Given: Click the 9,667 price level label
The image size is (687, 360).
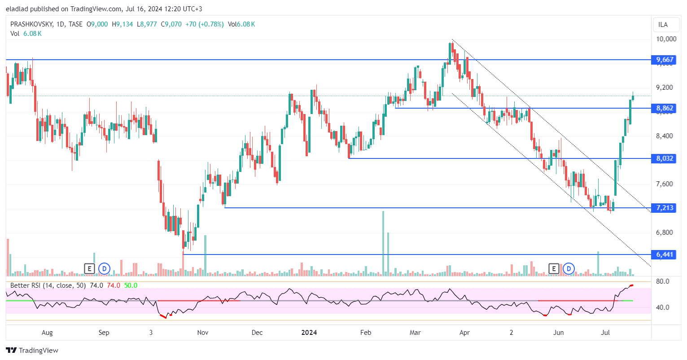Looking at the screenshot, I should pyautogui.click(x=664, y=60).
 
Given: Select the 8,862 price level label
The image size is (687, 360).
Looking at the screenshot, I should pyautogui.click(x=664, y=108).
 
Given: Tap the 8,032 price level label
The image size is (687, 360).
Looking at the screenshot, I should pyautogui.click(x=664, y=158).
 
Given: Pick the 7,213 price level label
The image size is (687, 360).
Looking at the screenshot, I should pyautogui.click(x=664, y=208).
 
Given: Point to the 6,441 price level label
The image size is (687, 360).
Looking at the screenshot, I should pyautogui.click(x=664, y=255).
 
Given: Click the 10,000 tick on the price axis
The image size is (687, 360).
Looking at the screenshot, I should pyautogui.click(x=666, y=39).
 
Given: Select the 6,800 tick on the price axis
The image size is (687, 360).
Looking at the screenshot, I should pyautogui.click(x=664, y=233).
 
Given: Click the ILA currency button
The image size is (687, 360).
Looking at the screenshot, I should pyautogui.click(x=663, y=25).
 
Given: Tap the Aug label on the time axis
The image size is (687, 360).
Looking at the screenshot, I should pyautogui.click(x=47, y=333).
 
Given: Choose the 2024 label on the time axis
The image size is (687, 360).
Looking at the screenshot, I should pyautogui.click(x=309, y=333).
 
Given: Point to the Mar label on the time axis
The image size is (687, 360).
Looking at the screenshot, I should pyautogui.click(x=415, y=333).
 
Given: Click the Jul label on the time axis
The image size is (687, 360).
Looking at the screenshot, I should pyautogui.click(x=605, y=333).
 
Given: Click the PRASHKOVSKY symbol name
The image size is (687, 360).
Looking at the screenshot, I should pyautogui.click(x=31, y=24).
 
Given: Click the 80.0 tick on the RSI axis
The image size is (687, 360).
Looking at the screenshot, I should pyautogui.click(x=662, y=281).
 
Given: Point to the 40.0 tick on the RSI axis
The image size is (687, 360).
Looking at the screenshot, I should pyautogui.click(x=662, y=307).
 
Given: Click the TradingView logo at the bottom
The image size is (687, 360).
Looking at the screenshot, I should pyautogui.click(x=32, y=351).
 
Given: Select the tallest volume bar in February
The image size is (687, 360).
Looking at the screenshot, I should pyautogui.click(x=383, y=242).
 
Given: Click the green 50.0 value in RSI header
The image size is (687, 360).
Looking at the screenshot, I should pyautogui.click(x=131, y=285).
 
